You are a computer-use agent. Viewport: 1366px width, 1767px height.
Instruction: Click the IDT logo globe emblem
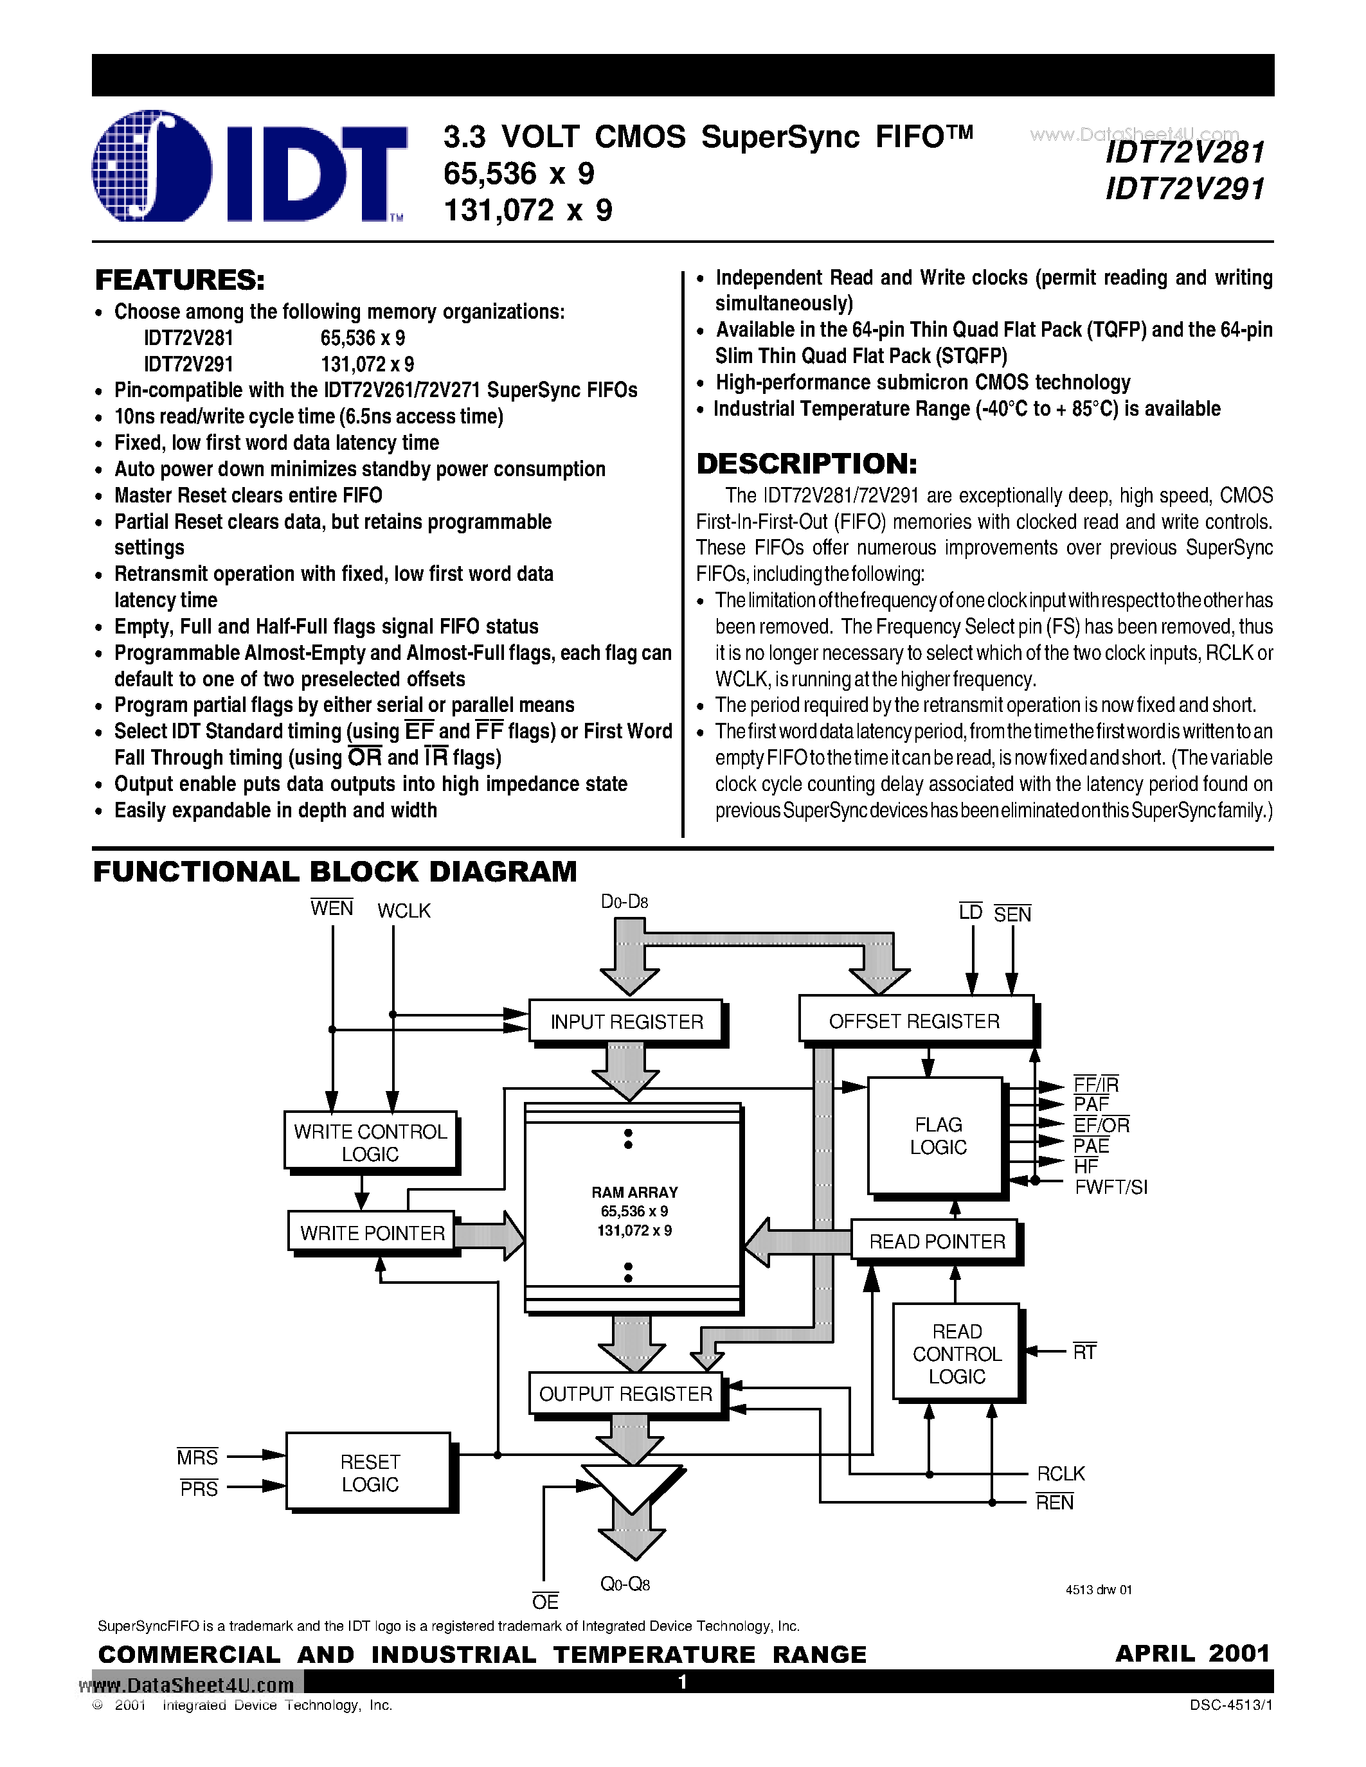(x=152, y=166)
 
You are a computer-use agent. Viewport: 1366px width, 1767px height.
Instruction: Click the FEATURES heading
(x=179, y=280)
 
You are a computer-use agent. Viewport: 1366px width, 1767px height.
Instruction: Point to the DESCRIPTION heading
(x=807, y=463)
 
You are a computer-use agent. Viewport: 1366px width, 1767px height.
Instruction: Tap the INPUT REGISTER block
(x=626, y=1022)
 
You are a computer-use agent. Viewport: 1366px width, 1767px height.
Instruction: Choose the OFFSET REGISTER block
(x=915, y=1021)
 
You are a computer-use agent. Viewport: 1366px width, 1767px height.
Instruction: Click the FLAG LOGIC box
(x=937, y=1136)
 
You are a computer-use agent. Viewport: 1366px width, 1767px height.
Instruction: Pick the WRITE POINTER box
(x=372, y=1233)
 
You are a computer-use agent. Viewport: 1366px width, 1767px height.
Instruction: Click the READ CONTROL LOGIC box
(x=957, y=1354)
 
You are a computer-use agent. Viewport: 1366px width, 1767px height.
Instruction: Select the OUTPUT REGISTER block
(x=625, y=1393)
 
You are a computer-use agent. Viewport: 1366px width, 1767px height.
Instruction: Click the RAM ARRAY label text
(x=634, y=1193)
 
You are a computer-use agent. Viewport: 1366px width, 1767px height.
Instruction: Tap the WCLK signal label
(x=404, y=911)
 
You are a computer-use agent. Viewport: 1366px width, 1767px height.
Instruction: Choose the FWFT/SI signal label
(x=1110, y=1187)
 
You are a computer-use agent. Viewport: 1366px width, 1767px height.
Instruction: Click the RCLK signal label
(x=1060, y=1474)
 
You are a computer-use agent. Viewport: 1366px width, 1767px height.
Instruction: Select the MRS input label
(x=198, y=1458)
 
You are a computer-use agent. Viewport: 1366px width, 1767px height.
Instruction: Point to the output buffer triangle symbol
(x=631, y=1487)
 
